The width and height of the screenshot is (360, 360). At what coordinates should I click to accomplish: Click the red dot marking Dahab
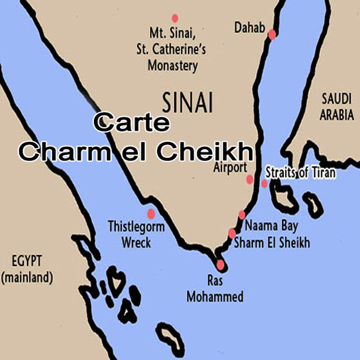tap(272, 35)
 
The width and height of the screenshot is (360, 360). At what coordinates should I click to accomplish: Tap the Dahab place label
tap(249, 28)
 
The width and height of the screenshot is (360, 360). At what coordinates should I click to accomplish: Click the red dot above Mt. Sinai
tap(175, 18)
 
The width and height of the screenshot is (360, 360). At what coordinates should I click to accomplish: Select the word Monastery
tap(173, 66)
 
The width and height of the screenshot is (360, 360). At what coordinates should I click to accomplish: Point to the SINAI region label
tap(187, 103)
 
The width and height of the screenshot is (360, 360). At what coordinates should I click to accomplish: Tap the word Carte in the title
tap(131, 123)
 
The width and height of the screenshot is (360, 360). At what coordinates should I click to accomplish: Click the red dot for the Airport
tap(250, 180)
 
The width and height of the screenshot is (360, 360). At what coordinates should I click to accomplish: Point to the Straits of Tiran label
tap(300, 173)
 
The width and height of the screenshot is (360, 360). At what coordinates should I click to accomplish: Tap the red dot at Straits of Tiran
tap(265, 184)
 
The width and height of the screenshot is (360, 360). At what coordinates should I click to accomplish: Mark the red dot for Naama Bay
tap(242, 215)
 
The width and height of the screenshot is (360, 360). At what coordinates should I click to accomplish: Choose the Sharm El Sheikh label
tap(272, 243)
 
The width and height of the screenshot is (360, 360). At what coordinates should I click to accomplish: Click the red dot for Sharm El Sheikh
tap(232, 233)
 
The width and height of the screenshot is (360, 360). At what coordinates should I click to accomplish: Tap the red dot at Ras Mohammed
tap(220, 265)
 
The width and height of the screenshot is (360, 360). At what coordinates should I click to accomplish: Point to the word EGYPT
tap(27, 261)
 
